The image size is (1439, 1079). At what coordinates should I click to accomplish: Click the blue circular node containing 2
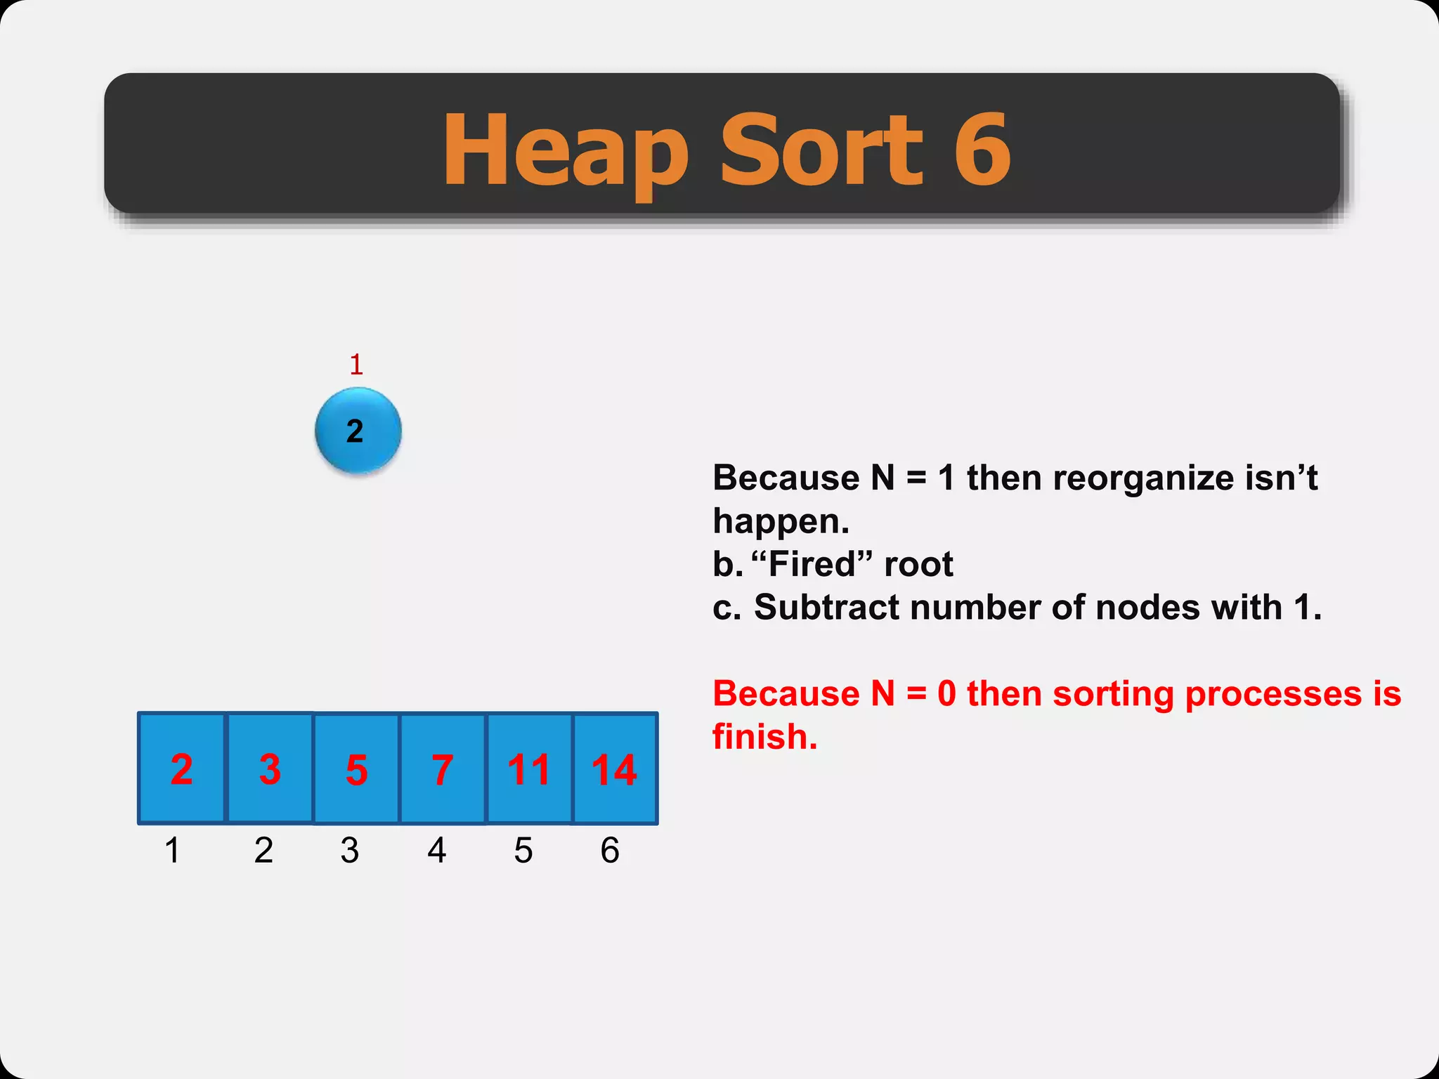(358, 431)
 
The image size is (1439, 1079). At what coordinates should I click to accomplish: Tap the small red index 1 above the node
(356, 365)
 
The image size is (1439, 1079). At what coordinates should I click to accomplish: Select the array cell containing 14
(616, 769)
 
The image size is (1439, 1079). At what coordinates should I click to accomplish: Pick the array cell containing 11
(529, 769)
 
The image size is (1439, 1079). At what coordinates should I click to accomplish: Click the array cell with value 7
(443, 769)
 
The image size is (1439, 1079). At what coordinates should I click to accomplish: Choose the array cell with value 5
(357, 769)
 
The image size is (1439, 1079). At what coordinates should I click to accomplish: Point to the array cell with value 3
(270, 769)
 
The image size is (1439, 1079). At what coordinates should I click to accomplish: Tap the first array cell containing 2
(182, 769)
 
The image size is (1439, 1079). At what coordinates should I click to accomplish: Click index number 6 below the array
(610, 850)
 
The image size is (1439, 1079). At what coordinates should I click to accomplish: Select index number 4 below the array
(437, 850)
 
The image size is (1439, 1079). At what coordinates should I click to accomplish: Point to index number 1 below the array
(172, 850)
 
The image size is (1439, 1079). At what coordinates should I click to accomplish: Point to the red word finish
(764, 737)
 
